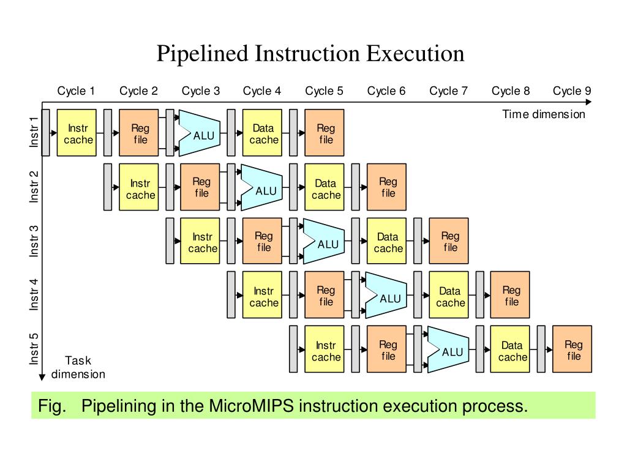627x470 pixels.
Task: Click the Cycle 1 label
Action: (76, 91)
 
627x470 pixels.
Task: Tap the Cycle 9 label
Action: (572, 91)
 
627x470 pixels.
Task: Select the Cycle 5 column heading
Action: (324, 91)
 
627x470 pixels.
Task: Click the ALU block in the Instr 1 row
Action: (202, 133)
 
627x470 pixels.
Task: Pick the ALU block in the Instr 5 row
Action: (450, 351)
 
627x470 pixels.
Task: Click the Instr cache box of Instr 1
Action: (77, 133)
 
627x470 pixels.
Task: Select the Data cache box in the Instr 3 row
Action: (388, 242)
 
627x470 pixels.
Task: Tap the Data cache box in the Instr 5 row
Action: (512, 350)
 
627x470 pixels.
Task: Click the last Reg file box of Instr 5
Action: (573, 349)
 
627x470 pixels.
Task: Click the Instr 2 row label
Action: (34, 187)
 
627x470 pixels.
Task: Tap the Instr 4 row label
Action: (34, 295)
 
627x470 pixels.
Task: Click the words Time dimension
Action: (544, 114)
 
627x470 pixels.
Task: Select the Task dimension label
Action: (78, 367)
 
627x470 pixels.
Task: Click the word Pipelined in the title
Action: (202, 54)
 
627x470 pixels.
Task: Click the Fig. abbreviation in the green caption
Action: (51, 406)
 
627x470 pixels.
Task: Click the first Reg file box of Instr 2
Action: (201, 187)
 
